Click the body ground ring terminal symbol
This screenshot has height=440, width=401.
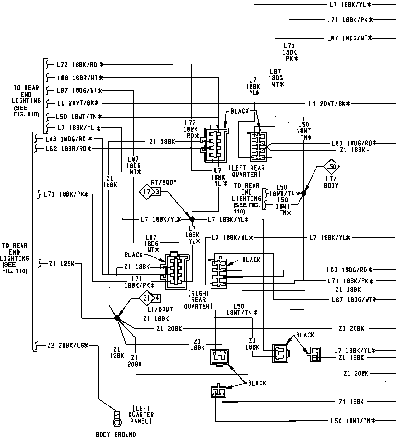117,422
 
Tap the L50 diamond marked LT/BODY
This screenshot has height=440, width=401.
331,167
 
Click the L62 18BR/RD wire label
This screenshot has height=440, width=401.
68,149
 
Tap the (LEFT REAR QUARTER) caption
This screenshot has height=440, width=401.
246,171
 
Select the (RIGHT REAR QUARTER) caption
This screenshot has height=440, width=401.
200,299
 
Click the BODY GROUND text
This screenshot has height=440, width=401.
116,434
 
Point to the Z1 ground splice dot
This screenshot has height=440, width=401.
117,318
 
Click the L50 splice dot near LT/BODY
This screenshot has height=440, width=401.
304,193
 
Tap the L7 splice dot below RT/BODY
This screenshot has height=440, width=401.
192,219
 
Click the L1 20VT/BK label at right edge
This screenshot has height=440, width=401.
330,104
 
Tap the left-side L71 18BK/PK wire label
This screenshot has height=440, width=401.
66,194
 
